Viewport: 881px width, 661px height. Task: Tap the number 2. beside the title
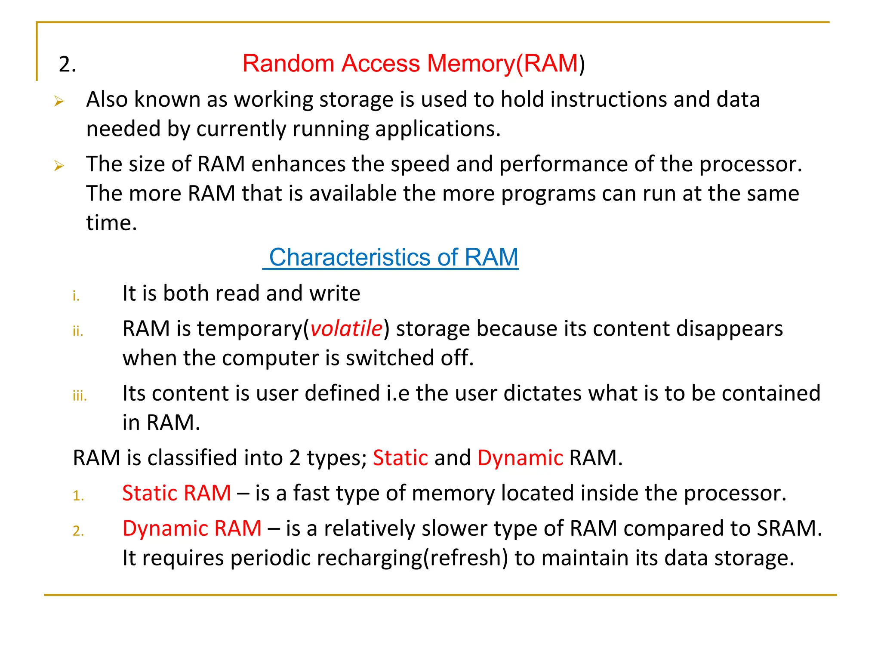click(67, 65)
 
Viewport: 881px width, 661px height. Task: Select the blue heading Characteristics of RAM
click(392, 257)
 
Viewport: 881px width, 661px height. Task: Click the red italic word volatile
click(346, 329)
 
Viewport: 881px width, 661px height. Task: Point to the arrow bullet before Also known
click(59, 102)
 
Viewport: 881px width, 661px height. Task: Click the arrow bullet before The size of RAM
click(59, 166)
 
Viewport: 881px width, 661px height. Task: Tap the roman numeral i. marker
click(76, 296)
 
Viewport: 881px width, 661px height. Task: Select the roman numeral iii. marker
click(80, 395)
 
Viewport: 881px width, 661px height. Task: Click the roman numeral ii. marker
click(78, 331)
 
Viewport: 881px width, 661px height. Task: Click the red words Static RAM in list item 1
click(176, 493)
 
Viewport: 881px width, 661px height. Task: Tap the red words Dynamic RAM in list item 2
click(192, 528)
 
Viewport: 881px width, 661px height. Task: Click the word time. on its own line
click(111, 223)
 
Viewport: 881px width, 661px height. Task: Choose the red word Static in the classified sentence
click(400, 458)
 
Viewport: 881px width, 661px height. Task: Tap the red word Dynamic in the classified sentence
click(520, 458)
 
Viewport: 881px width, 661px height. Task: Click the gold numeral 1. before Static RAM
click(78, 496)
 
